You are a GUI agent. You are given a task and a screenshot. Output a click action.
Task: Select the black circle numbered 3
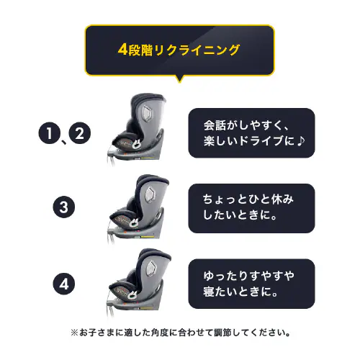[64, 208]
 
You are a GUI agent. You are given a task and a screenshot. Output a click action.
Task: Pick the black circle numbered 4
[64, 283]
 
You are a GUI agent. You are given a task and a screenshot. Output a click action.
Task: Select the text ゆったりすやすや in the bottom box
[248, 274]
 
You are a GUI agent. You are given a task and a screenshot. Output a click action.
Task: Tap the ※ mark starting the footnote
[74, 333]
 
